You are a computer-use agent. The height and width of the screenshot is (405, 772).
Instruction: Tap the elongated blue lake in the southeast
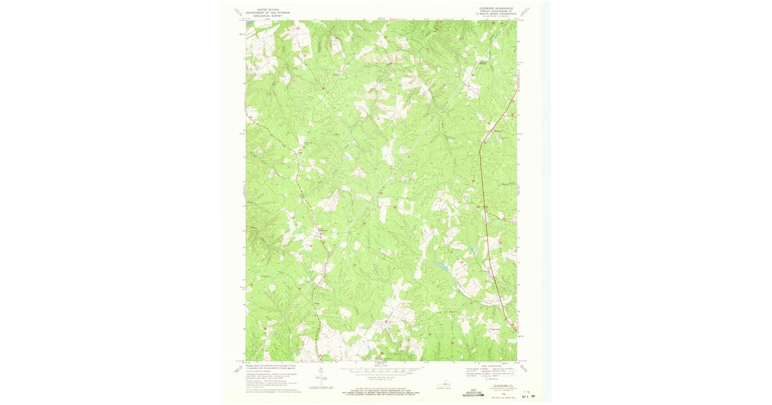click(441, 265)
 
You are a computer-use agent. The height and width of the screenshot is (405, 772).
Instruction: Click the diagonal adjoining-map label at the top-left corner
click(237, 12)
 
